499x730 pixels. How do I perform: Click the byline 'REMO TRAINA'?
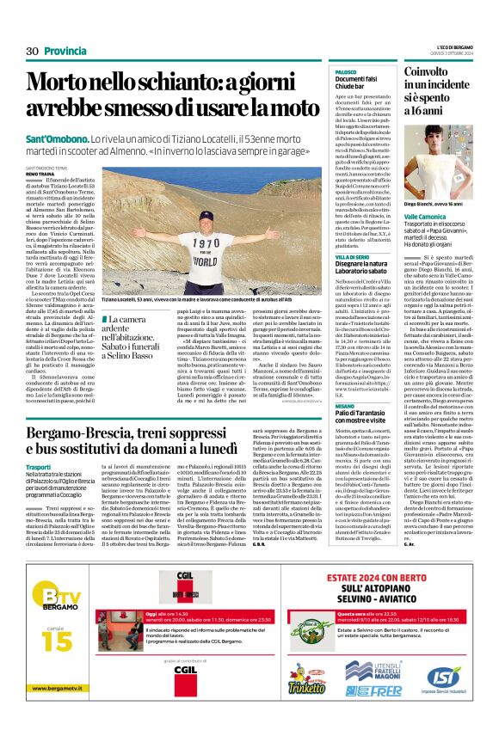tap(40, 173)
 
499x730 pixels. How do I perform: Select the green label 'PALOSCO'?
tap(347, 71)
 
